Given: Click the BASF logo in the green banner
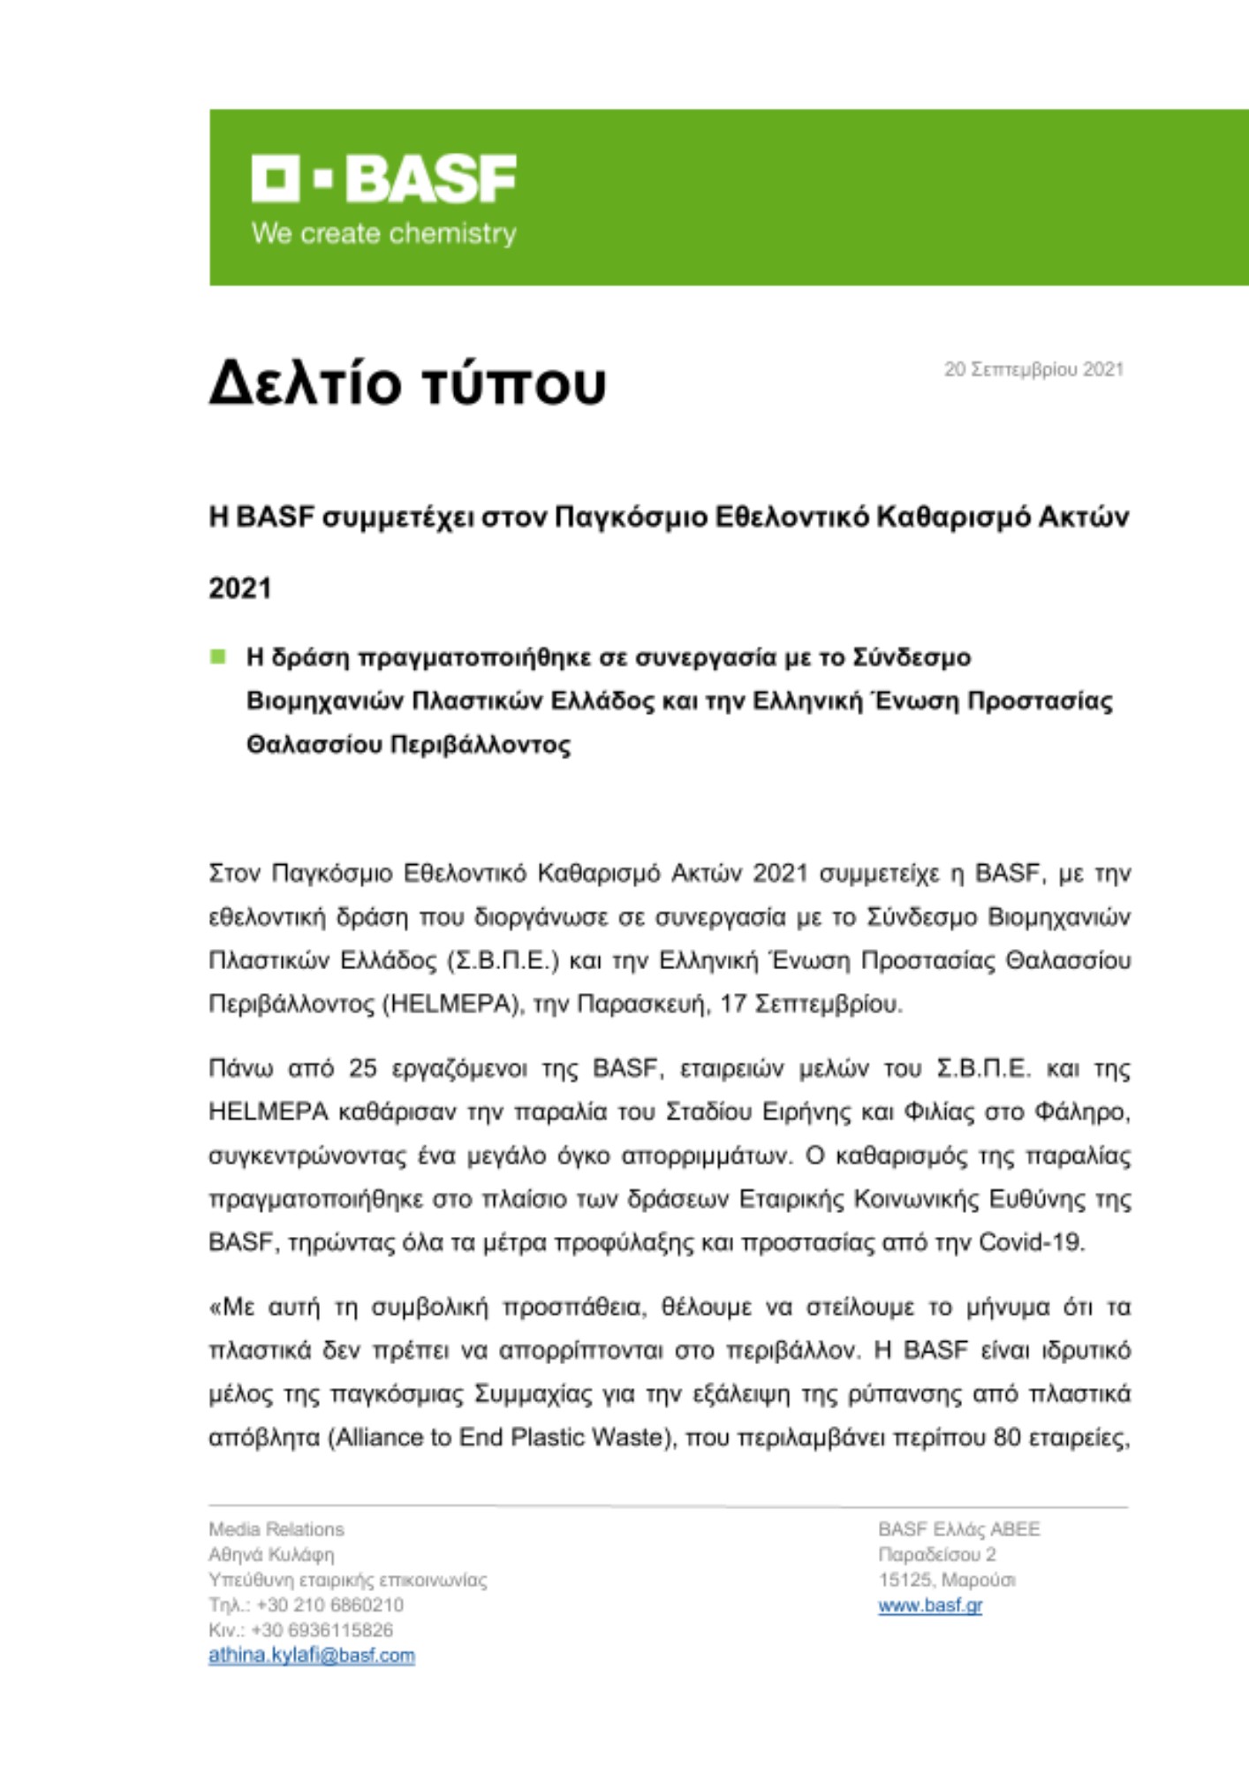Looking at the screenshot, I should click(383, 179).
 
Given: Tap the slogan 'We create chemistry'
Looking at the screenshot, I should click(383, 234).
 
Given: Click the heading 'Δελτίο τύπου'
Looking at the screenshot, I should click(407, 383).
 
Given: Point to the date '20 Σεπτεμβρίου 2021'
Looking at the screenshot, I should click(1033, 369).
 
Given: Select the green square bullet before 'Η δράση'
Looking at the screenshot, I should click(217, 656).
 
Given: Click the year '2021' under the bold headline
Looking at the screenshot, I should click(239, 588).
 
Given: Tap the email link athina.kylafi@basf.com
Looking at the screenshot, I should click(311, 1656).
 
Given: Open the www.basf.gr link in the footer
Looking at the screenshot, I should click(929, 1605).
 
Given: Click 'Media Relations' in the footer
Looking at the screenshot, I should click(276, 1529).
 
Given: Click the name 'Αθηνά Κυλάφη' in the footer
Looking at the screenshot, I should click(271, 1554).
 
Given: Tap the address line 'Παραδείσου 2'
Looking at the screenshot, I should click(936, 1554).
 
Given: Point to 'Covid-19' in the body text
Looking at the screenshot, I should click(1031, 1242).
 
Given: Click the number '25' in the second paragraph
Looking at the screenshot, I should click(362, 1068).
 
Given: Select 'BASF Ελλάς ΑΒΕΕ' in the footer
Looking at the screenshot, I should click(958, 1529).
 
